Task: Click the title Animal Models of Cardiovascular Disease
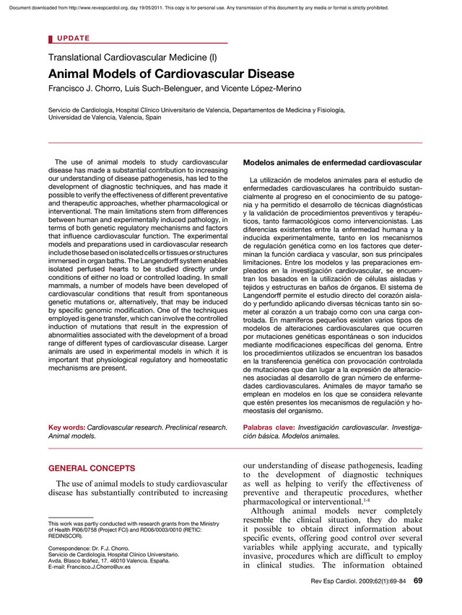pyautogui.click(x=171, y=74)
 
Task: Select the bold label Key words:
pyautogui.click(x=66, y=428)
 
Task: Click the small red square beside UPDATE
pyautogui.click(x=51, y=37)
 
